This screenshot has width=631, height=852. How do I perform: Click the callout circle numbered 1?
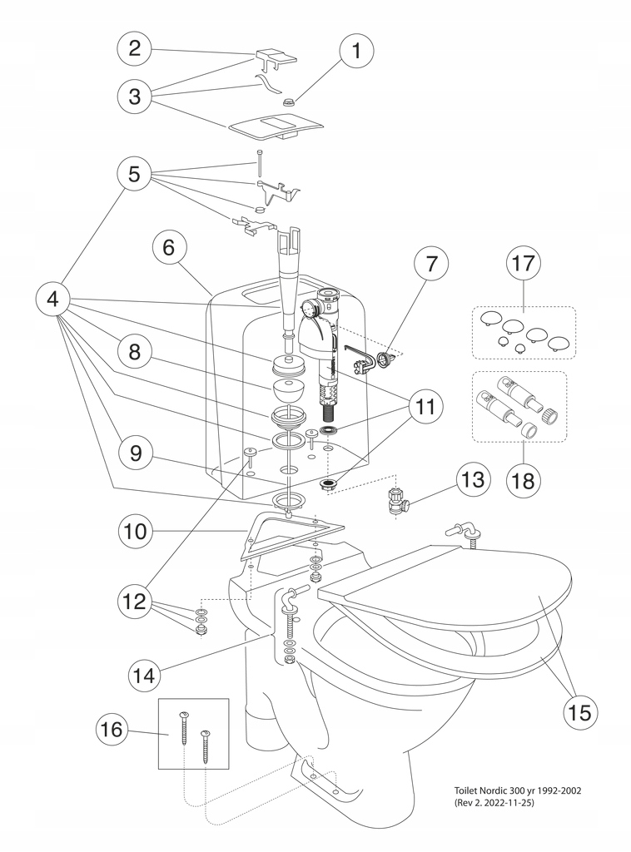(x=357, y=51)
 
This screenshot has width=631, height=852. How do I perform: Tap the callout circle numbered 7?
(x=431, y=265)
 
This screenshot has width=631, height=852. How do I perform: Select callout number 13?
(x=474, y=479)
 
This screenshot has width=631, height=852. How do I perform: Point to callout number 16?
(x=113, y=729)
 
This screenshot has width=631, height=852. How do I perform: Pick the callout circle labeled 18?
(x=524, y=480)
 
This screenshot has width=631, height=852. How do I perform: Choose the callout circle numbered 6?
(x=169, y=248)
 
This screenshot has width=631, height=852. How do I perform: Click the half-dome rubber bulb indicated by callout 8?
(x=290, y=392)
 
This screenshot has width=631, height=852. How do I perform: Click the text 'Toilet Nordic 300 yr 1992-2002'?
(x=518, y=790)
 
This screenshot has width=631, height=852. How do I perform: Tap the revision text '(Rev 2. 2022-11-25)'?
(x=494, y=803)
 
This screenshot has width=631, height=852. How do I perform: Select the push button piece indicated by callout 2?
(x=275, y=59)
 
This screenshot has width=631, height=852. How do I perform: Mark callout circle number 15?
(x=579, y=712)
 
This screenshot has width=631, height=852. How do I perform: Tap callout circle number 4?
(x=54, y=300)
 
